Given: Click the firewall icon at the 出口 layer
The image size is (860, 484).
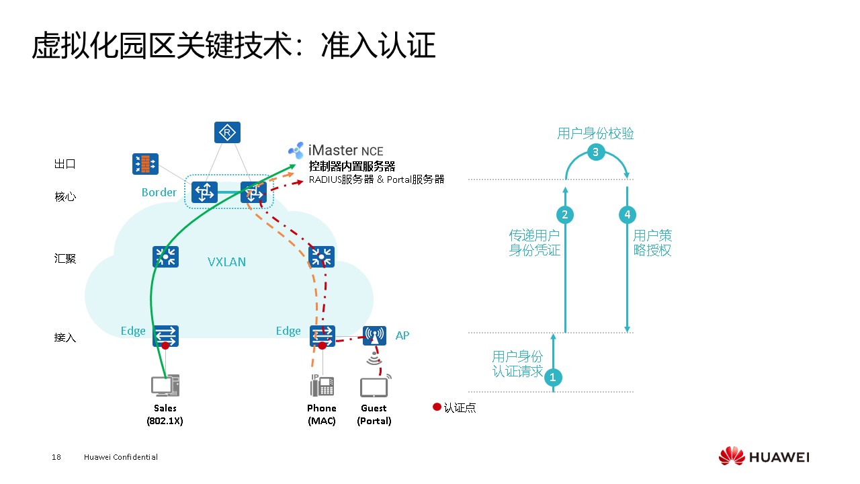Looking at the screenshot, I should click(145, 163).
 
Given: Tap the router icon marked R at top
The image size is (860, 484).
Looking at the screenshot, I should click(227, 132).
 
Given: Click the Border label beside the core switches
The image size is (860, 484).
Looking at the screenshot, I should click(159, 192).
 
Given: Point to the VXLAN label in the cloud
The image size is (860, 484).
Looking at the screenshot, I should click(226, 262).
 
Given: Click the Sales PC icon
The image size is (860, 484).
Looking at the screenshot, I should click(165, 387).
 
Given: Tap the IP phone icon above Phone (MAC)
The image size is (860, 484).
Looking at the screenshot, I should click(321, 386).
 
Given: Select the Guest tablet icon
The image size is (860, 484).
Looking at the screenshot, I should click(374, 388).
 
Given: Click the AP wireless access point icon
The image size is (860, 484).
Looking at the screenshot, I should click(374, 335).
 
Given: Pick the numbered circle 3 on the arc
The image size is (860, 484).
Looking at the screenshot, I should click(595, 152).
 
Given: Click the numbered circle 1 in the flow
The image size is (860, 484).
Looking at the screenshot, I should click(553, 377).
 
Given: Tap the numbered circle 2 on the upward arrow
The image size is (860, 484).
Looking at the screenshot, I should click(565, 214).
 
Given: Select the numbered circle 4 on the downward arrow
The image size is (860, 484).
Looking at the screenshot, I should click(627, 214).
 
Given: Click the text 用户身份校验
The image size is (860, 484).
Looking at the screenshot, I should click(595, 133).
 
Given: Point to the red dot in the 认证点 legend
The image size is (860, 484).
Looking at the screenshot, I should click(437, 407).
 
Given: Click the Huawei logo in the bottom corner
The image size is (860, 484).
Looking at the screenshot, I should click(764, 457).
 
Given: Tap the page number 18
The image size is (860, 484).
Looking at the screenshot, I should click(56, 457).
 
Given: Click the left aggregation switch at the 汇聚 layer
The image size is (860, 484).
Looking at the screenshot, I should click(165, 256).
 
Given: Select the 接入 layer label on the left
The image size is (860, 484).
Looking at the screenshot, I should click(65, 337).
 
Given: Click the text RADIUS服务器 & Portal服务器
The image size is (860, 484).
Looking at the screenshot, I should click(376, 179).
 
